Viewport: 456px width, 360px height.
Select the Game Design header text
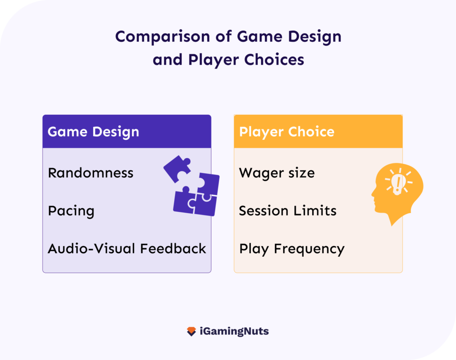(93, 132)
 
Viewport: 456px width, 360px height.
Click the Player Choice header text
(286, 132)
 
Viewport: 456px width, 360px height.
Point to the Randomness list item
(90, 173)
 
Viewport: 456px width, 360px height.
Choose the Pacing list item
(71, 211)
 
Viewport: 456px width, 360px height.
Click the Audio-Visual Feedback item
(126, 248)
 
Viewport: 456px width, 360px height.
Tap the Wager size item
(277, 173)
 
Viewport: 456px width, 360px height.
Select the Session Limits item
(287, 210)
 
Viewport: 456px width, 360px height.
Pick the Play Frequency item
(292, 249)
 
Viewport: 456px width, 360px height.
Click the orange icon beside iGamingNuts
(191, 332)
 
